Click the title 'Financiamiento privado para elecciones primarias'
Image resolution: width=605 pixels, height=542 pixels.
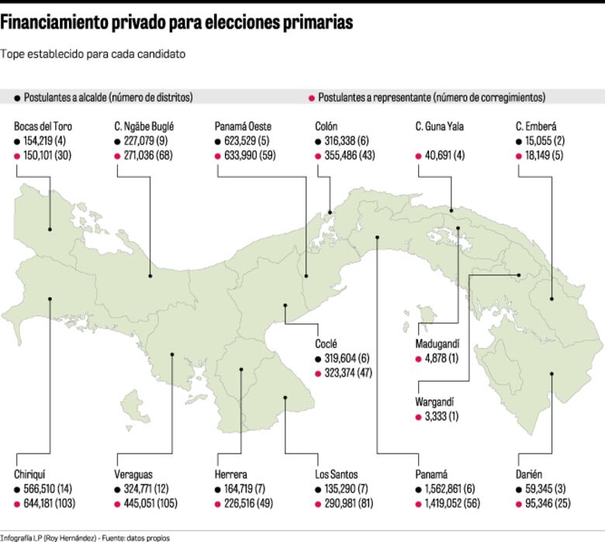pyautogui.click(x=177, y=23)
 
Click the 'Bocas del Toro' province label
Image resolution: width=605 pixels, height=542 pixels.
pyautogui.click(x=43, y=126)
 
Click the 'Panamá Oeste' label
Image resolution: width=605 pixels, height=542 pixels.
pyautogui.click(x=243, y=126)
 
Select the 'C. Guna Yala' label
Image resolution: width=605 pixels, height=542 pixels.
pyautogui.click(x=439, y=126)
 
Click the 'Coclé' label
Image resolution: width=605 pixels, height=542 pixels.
pyautogui.click(x=326, y=343)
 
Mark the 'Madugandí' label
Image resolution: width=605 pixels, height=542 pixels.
pyautogui.click(x=438, y=343)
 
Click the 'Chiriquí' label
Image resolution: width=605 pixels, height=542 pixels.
pyautogui.click(x=31, y=475)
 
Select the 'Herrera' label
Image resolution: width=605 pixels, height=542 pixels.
pyautogui.click(x=230, y=475)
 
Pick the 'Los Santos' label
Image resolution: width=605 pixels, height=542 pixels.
pyautogui.click(x=337, y=475)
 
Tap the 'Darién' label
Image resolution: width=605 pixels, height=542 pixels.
pyautogui.click(x=528, y=475)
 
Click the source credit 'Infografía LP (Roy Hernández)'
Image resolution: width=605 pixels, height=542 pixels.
pyautogui.click(x=48, y=537)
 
